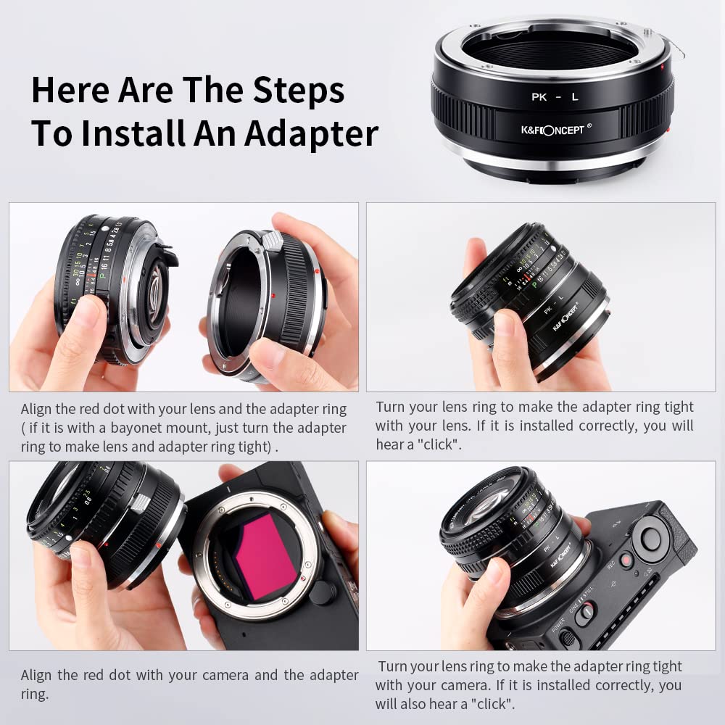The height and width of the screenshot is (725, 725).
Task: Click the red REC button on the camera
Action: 625,561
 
